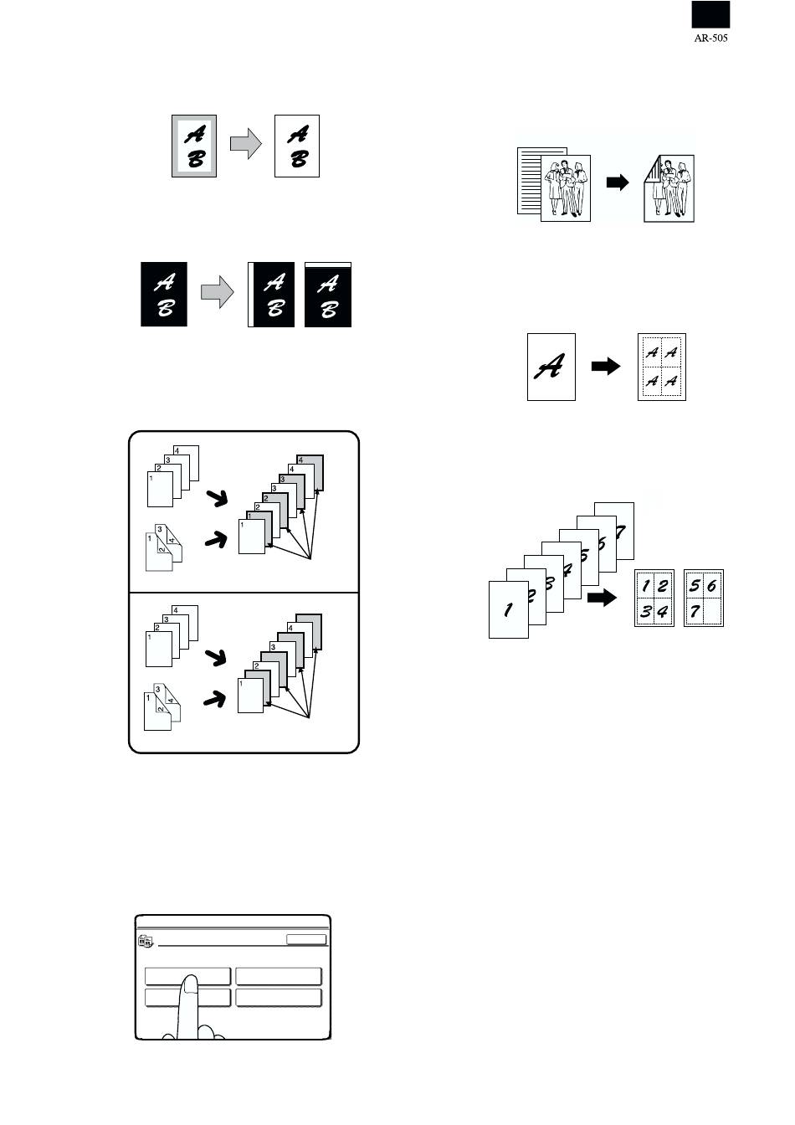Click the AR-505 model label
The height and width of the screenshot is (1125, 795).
[710, 39]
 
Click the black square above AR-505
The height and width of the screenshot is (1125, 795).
[710, 14]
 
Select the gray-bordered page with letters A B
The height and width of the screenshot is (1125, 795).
[194, 146]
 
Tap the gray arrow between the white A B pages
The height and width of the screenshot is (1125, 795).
[245, 144]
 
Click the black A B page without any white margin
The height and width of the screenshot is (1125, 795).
[164, 295]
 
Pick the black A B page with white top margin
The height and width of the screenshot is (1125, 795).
[328, 295]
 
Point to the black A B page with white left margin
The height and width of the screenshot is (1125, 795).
[271, 295]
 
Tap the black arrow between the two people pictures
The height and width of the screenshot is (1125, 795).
[618, 182]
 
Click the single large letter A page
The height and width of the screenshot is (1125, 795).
[551, 367]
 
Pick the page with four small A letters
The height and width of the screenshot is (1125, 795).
[661, 367]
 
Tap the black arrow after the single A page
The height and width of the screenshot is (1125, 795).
[606, 366]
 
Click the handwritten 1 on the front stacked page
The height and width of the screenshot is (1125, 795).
[508, 609]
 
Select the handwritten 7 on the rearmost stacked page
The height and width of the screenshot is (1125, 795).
[621, 532]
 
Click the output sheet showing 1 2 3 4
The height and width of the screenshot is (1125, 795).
[654, 598]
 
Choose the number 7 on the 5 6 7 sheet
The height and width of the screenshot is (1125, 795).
[695, 611]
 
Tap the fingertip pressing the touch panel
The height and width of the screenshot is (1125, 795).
[190, 984]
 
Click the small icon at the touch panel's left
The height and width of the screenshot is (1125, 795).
[146, 941]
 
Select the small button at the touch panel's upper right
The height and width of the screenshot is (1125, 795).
[305, 938]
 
